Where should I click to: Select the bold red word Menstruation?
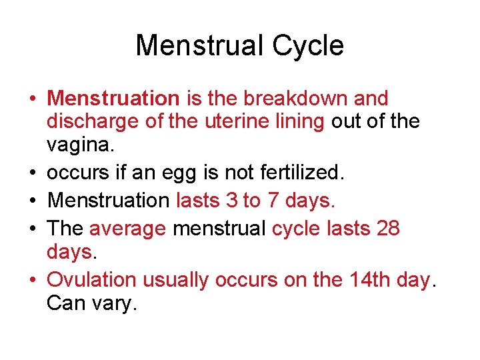point(113,99)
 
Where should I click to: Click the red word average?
point(127,229)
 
